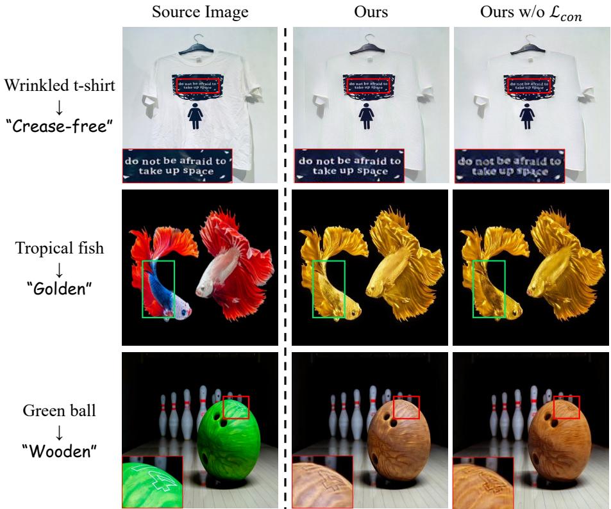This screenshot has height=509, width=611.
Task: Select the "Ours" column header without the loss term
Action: [x=371, y=12]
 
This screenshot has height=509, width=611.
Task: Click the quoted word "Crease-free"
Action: [x=60, y=124]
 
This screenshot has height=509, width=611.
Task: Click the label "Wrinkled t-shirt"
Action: [x=60, y=85]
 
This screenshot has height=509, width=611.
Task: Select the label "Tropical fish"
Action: [x=60, y=248]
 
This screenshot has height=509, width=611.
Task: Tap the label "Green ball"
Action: [x=60, y=410]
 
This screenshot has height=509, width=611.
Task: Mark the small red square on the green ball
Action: [x=235, y=407]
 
